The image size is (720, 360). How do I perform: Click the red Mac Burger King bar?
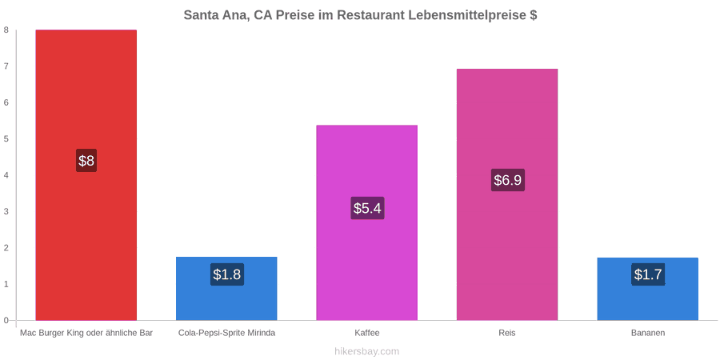pos(86,175)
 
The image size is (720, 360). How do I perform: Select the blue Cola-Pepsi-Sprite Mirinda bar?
pos(226,288)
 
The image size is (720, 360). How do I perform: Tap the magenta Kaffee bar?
pos(367,222)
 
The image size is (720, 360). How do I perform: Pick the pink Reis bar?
pos(507,194)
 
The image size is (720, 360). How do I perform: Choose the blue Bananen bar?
pos(647,289)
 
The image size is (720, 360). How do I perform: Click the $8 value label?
pos(86,161)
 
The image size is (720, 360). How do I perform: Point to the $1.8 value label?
pos(227,274)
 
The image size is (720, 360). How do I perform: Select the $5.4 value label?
pos(367,208)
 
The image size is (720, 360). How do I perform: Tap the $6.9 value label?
pos(508,180)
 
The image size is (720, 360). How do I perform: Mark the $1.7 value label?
pos(648,274)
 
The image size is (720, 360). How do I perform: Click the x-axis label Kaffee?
pos(367,334)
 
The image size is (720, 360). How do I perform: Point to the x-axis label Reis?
pos(507,334)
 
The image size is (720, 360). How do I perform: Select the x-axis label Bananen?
pos(648,334)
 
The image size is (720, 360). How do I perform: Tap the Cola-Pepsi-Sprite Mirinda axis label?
pos(227,334)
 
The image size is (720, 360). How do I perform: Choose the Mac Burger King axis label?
pos(86,334)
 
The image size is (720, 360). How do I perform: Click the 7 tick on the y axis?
pos(6,66)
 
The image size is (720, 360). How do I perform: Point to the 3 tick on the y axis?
pos(6,211)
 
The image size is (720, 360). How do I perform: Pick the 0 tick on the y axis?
pos(6,320)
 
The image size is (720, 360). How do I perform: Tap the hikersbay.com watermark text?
pos(367,352)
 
